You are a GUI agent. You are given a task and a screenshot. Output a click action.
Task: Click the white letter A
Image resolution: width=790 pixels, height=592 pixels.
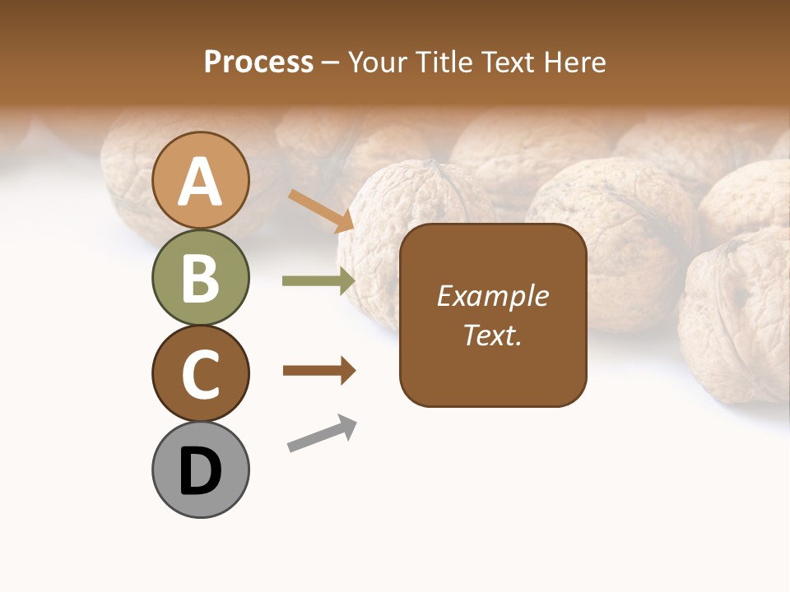click(x=201, y=183)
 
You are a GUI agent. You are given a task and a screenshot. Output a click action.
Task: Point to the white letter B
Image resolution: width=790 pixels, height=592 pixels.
click(x=201, y=278)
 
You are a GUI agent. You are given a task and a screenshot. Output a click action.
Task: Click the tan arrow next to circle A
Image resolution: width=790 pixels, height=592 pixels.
click(x=321, y=210)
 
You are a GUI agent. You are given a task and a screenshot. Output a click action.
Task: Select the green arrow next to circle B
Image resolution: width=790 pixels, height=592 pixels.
click(x=318, y=281)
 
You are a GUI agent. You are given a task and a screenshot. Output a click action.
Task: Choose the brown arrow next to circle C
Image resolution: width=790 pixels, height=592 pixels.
click(x=319, y=370)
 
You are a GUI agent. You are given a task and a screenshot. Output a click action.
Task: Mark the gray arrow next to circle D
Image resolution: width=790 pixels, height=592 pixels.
click(x=322, y=433)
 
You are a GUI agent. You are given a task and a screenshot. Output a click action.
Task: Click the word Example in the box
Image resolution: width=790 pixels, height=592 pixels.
click(x=493, y=297)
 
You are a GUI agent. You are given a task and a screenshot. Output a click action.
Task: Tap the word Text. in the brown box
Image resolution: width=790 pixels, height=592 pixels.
click(x=493, y=335)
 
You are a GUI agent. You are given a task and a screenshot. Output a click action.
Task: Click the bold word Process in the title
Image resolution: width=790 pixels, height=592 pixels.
click(x=258, y=62)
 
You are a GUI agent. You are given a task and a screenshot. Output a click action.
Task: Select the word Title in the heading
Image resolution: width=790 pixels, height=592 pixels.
click(x=444, y=62)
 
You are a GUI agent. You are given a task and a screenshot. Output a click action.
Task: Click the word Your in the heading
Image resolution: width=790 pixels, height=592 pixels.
click(x=379, y=62)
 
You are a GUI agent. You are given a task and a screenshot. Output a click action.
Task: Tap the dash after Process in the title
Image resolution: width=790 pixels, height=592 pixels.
click(x=331, y=63)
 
